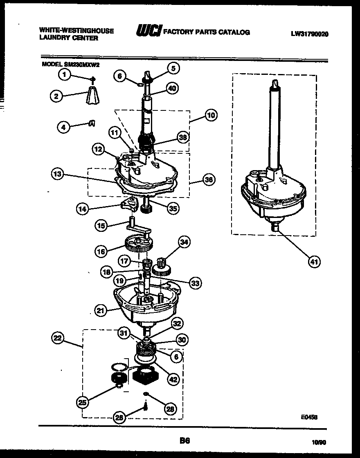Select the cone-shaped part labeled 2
coord(93,97)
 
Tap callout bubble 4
coord(63,127)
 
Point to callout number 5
coord(173,69)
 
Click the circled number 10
coord(210,115)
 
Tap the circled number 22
coord(59,338)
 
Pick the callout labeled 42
coord(174,379)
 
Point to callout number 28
coord(171,408)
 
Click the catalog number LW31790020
coord(309,34)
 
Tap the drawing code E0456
coord(309,417)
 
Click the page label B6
coord(184,440)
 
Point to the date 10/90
coord(319,442)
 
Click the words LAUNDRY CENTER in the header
coord(69,38)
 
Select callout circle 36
coord(209,180)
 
